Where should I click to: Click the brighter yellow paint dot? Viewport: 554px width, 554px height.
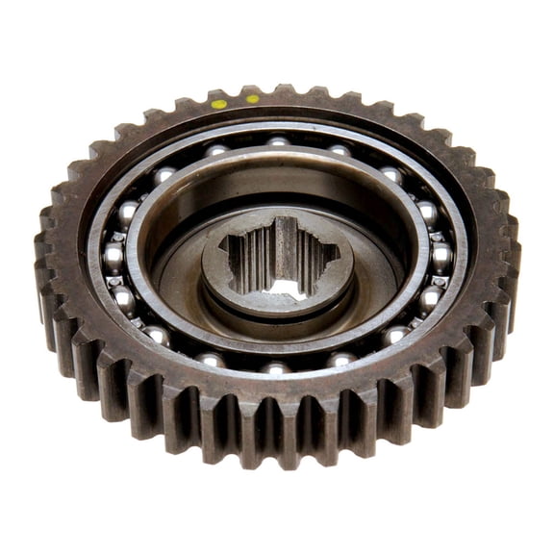(x=219, y=103)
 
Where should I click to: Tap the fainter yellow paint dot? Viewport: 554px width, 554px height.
(x=252, y=98)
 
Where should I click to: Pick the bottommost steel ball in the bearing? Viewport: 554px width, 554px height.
(x=276, y=367)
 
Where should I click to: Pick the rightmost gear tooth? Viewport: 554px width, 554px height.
(x=511, y=260)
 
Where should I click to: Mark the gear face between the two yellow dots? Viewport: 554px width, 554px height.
(x=236, y=101)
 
